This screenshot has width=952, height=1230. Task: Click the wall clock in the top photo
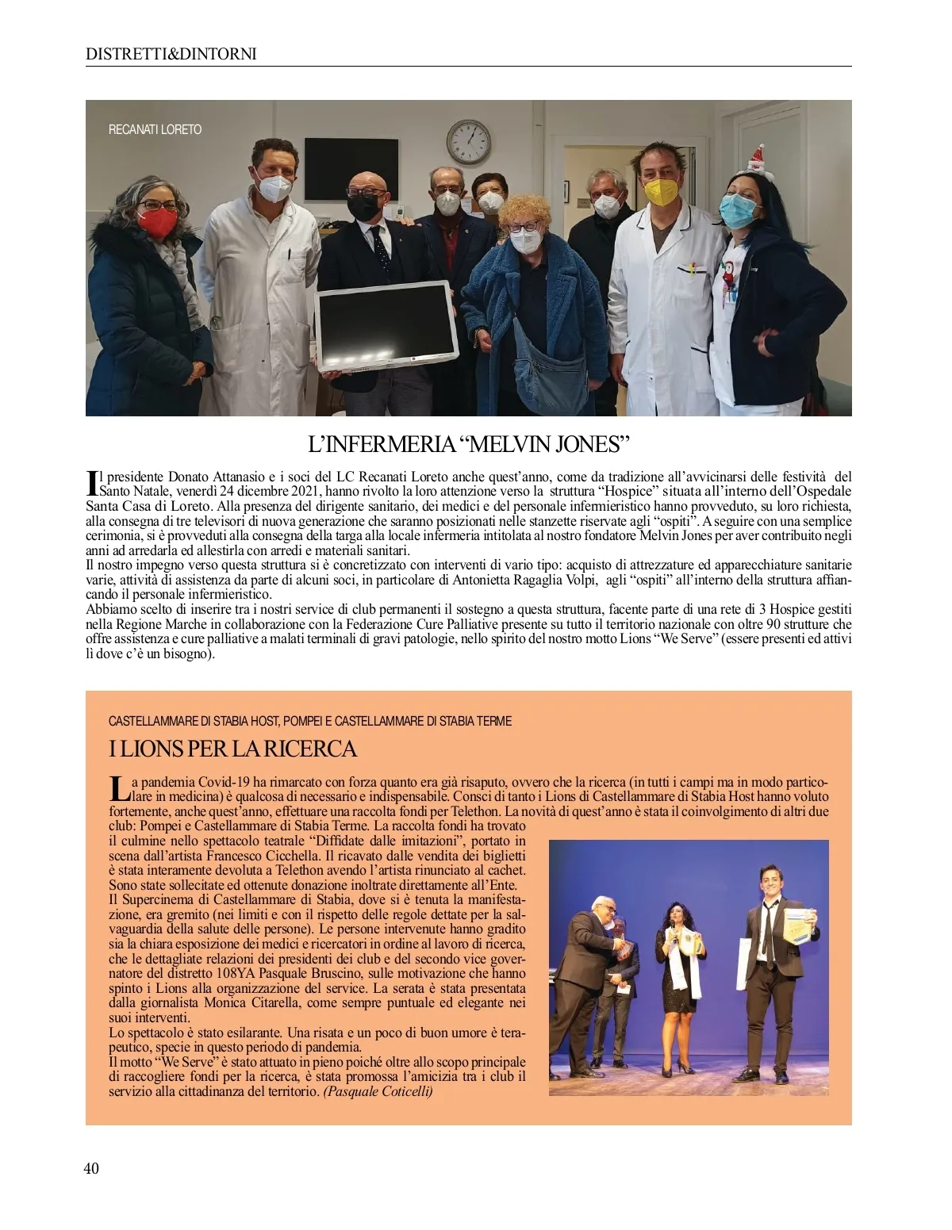(468, 140)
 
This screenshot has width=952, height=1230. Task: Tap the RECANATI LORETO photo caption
(155, 129)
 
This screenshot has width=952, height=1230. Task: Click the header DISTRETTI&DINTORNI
(171, 54)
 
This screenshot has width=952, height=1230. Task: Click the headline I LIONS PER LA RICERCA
(232, 748)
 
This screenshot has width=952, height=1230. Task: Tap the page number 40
(91, 1167)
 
